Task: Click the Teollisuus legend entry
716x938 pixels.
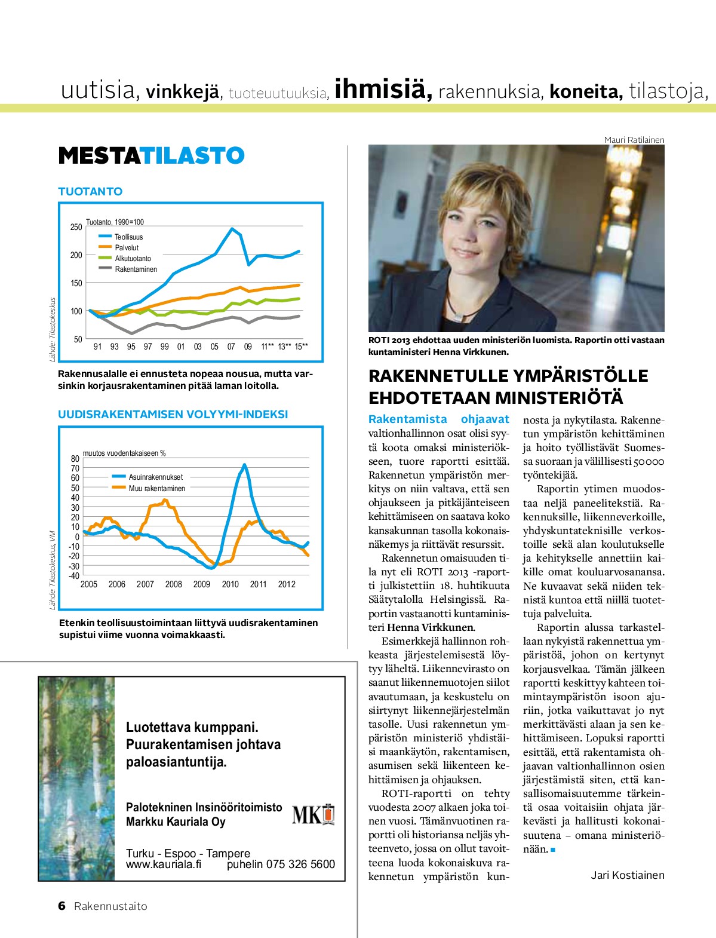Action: pos(128,237)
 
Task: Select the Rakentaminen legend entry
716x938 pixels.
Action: pos(136,269)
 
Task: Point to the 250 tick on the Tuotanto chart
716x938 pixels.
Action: pos(76,227)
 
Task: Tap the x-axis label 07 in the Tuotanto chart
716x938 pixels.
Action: pos(231,347)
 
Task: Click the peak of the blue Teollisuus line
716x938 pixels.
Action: pos(232,228)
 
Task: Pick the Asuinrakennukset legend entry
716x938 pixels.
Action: pos(155,477)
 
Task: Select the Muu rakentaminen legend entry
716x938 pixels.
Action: pos(156,489)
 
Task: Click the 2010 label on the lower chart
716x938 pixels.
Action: pos(230,584)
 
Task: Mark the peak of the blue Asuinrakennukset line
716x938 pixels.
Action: pos(244,464)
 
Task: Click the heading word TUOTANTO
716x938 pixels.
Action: pos(90,191)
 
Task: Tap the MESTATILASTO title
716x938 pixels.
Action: pos(151,156)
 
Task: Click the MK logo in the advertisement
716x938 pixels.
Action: pos(313,814)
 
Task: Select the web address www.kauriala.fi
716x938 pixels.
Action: pos(164,865)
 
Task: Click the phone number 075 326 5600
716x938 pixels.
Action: pos(300,865)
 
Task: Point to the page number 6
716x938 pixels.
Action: pos(62,906)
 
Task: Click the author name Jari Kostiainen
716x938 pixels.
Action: pos(627,875)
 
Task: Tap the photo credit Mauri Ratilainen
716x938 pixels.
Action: pos(634,140)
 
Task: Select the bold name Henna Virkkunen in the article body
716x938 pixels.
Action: pos(431,627)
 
